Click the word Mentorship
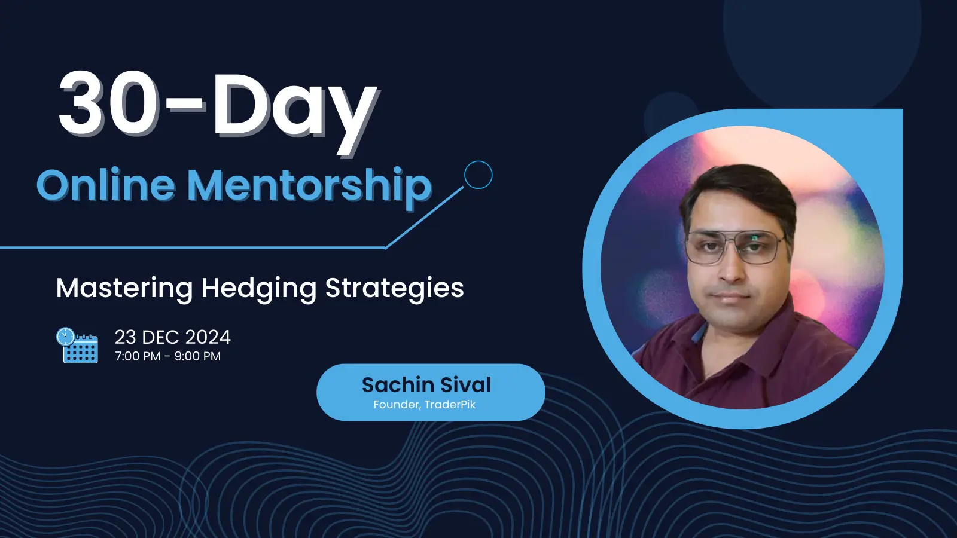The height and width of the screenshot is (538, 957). tap(310, 188)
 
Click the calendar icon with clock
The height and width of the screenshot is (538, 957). tap(77, 346)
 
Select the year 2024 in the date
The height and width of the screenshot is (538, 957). tap(208, 337)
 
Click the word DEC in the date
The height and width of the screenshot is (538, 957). tap(161, 337)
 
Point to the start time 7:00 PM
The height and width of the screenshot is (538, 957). tap(138, 356)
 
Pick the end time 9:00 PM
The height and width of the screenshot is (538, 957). tap(197, 356)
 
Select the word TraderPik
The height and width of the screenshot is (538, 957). tap(450, 404)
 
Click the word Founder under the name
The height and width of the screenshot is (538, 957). tap(397, 405)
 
